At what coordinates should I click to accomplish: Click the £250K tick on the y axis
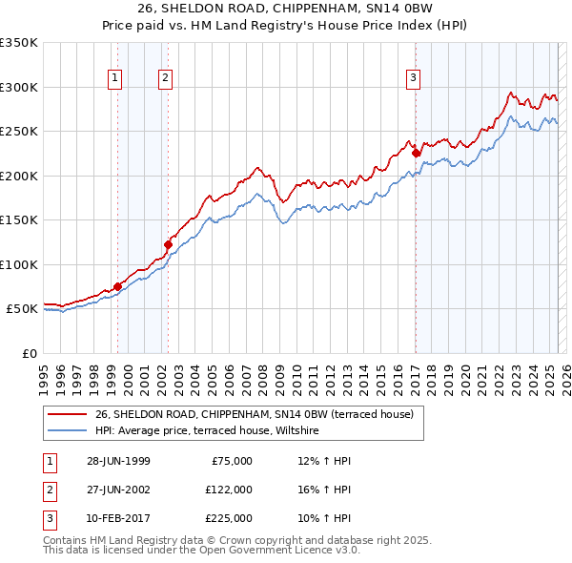[19, 132]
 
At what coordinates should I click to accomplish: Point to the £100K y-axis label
[19, 264]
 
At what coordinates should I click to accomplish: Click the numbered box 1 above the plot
[115, 78]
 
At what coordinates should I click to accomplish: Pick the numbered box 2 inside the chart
[166, 78]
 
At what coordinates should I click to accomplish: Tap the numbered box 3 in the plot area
[414, 78]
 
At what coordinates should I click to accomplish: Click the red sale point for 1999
[118, 286]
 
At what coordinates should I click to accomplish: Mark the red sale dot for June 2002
[169, 244]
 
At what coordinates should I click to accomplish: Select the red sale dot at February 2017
[416, 153]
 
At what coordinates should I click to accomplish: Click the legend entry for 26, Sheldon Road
[254, 415]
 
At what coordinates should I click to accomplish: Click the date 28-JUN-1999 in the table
[119, 461]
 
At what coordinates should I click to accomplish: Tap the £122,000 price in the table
[228, 489]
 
